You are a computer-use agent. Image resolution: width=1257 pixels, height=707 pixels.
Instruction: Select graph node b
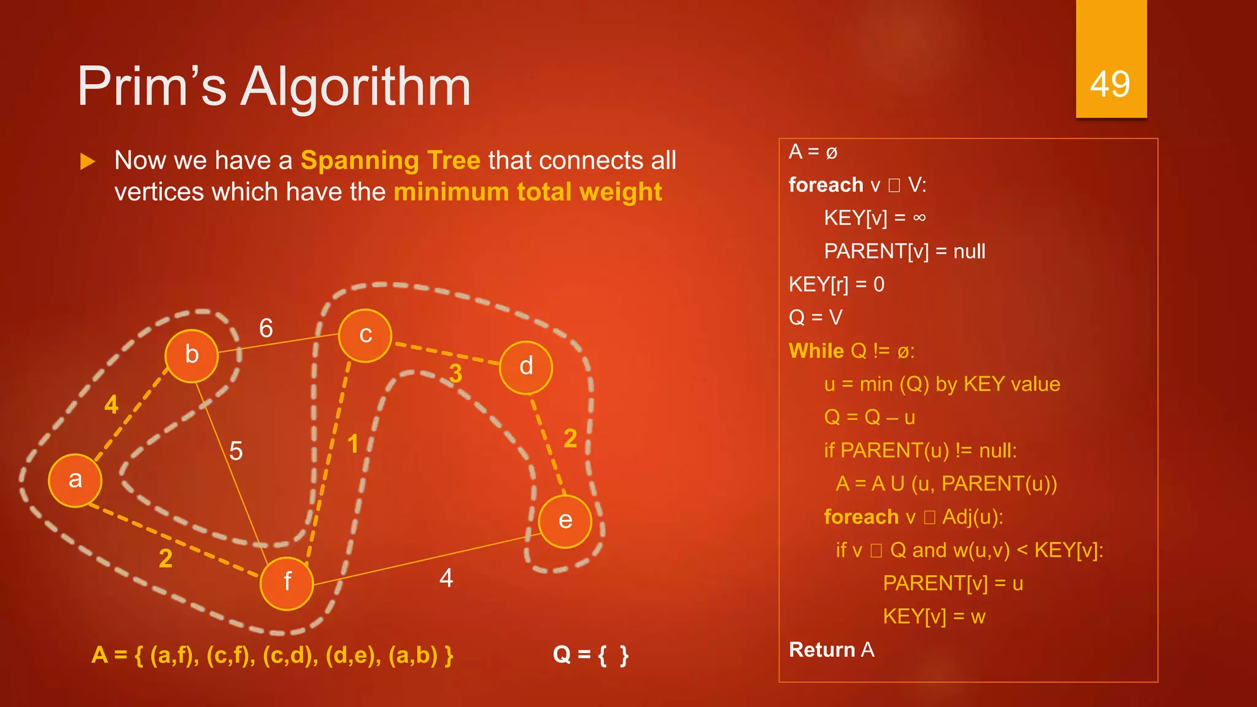tap(191, 355)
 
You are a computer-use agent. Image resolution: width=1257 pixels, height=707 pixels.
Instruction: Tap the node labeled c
tap(365, 336)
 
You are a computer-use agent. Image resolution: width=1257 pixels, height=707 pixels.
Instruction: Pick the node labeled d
tap(526, 367)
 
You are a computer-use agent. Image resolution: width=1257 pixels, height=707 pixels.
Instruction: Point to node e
tap(565, 521)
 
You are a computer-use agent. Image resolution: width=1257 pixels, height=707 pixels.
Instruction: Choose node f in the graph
tap(287, 582)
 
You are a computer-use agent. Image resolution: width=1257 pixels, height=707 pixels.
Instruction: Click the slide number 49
tap(1110, 84)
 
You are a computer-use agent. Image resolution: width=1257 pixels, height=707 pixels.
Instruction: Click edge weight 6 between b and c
tap(266, 328)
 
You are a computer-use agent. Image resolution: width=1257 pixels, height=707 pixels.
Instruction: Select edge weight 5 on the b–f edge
tap(236, 451)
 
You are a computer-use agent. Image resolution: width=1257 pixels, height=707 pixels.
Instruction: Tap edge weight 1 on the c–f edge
tap(353, 444)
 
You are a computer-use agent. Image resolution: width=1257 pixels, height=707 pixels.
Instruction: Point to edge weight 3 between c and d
tap(455, 373)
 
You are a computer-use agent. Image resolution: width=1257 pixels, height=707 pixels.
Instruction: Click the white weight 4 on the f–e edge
tap(446, 578)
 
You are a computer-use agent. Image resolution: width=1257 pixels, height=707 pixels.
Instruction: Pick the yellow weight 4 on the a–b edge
tap(111, 404)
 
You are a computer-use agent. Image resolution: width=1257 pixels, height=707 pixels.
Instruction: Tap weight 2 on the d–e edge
tap(570, 438)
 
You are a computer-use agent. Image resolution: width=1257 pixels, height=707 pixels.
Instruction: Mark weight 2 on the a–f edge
tap(165, 558)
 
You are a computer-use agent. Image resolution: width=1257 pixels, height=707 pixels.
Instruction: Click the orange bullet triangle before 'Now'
tap(88, 162)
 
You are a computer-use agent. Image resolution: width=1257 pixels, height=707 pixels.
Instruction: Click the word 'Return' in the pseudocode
tap(822, 649)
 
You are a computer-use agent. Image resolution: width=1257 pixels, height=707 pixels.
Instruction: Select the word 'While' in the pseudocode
tap(816, 351)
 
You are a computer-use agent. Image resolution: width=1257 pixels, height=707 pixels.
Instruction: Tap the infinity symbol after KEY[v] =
tap(919, 218)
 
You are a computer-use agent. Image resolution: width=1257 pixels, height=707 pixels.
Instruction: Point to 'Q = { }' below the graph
tap(590, 655)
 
